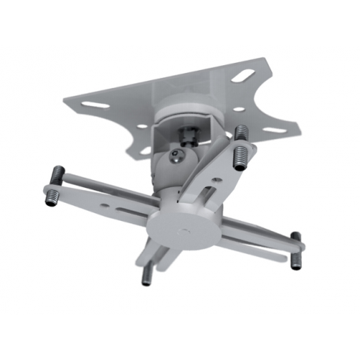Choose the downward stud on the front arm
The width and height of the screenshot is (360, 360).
click(147, 271)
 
